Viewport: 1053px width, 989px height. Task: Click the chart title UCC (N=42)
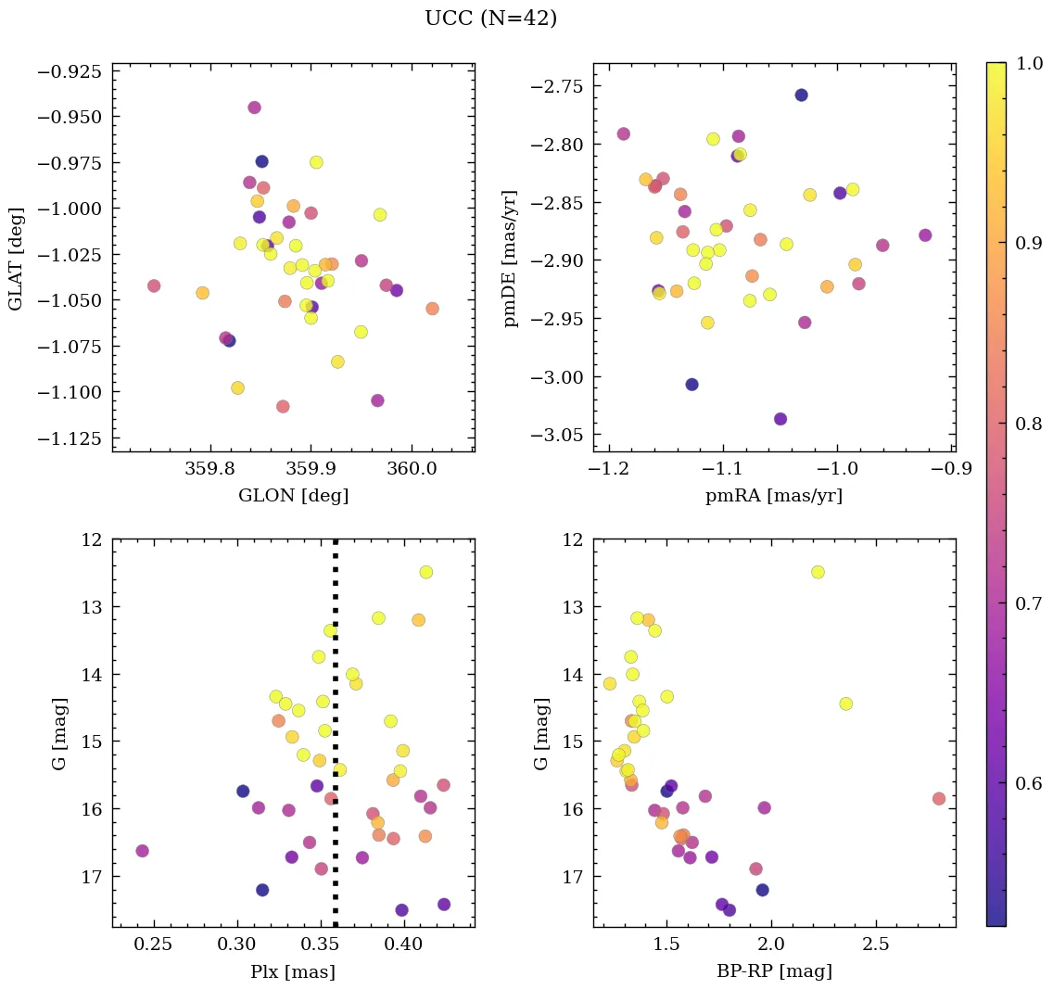490,19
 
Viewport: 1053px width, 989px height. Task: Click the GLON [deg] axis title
293,496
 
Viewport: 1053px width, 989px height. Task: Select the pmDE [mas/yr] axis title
511,259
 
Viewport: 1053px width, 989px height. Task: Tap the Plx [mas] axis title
293,971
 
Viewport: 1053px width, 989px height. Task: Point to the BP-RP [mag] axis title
774,971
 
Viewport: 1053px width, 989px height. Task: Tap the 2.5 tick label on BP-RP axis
876,945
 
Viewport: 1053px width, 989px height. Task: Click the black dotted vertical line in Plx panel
335,732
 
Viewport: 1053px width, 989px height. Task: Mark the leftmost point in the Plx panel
142,851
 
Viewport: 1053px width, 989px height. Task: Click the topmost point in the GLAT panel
254,108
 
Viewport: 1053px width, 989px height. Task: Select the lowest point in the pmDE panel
780,419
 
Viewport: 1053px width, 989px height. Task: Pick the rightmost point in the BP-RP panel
939,799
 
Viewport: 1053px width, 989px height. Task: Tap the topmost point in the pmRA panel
801,95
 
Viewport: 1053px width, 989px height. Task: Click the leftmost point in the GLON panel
154,285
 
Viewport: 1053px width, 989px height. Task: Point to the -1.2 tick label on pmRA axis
606,470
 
